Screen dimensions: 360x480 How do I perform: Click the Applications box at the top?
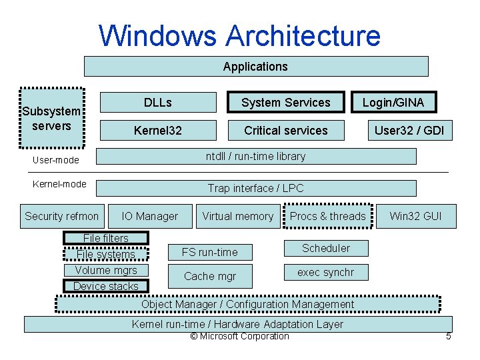(255, 67)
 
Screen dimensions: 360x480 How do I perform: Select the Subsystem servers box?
(51, 118)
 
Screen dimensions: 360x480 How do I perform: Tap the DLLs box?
(158, 102)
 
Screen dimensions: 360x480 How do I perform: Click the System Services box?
(285, 102)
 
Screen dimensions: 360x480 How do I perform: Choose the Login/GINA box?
(393, 102)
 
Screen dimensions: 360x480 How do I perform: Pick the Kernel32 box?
(158, 130)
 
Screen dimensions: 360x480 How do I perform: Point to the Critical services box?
(285, 130)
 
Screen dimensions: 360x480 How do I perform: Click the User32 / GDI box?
(409, 130)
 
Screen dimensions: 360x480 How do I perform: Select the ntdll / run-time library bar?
(255, 157)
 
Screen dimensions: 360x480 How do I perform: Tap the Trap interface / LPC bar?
(255, 189)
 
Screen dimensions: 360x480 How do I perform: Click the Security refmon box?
(62, 216)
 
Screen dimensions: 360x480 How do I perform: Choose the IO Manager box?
(149, 216)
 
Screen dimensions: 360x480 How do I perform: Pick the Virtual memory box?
(238, 216)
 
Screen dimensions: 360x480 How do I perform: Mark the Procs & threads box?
(327, 216)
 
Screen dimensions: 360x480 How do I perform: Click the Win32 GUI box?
(415, 216)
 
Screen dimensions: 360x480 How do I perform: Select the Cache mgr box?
(210, 276)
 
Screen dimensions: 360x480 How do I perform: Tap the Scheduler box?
(325, 248)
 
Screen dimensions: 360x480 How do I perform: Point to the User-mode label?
(56, 160)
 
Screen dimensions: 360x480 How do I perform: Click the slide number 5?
(448, 337)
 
